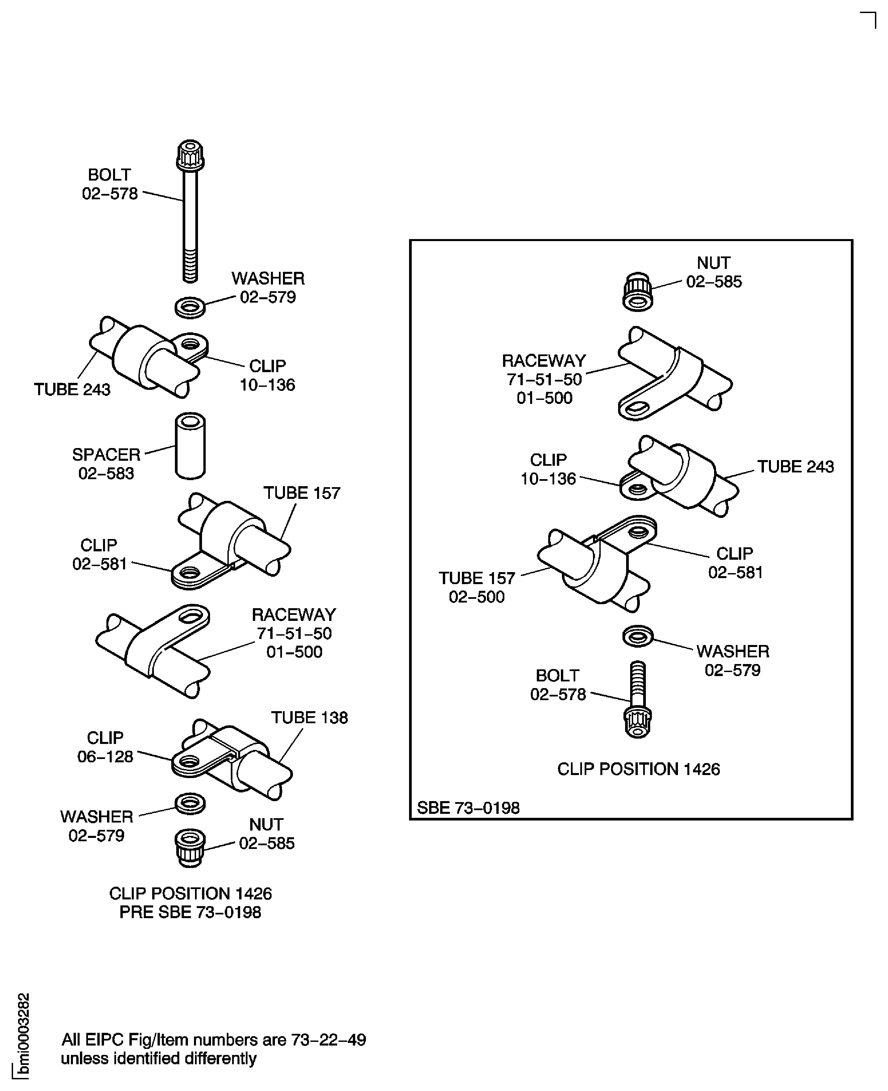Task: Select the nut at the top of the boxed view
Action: coord(637,292)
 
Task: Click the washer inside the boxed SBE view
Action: coord(638,636)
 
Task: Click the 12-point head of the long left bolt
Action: coord(190,155)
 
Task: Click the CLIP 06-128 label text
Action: coord(105,747)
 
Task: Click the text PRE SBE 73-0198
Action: coord(190,912)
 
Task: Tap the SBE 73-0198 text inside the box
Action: coord(468,808)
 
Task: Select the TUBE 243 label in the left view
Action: coord(72,390)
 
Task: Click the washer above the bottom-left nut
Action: coord(190,804)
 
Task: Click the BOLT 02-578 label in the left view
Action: coord(110,184)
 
